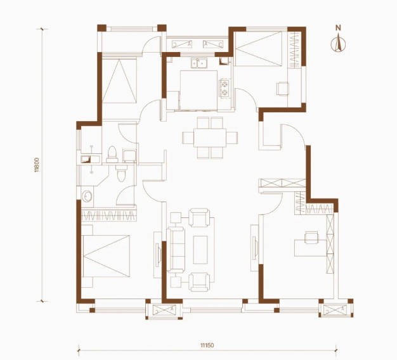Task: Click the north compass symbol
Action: pyautogui.click(x=338, y=42)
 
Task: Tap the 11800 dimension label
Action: pyautogui.click(x=37, y=165)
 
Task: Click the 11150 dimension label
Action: pyautogui.click(x=207, y=345)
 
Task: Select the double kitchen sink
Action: pyautogui.click(x=199, y=63)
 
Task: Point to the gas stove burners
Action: pyautogui.click(x=225, y=88)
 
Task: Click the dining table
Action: pyautogui.click(x=210, y=138)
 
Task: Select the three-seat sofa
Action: pyautogui.click(x=176, y=250)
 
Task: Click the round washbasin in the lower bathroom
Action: pyautogui.click(x=88, y=196)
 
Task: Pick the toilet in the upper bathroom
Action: pyautogui.click(x=112, y=154)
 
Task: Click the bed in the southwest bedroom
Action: pyautogui.click(x=107, y=256)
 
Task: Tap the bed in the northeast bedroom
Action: pyautogui.click(x=258, y=49)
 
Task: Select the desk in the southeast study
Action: pyautogui.click(x=311, y=248)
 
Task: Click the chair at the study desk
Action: pyautogui.click(x=312, y=237)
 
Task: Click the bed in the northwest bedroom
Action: pyautogui.click(x=119, y=80)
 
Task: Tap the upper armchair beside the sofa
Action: pyautogui.click(x=200, y=217)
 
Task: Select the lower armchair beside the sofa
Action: pyautogui.click(x=200, y=282)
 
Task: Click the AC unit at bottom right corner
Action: pyautogui.click(x=336, y=310)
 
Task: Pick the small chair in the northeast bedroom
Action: pyautogui.click(x=283, y=89)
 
